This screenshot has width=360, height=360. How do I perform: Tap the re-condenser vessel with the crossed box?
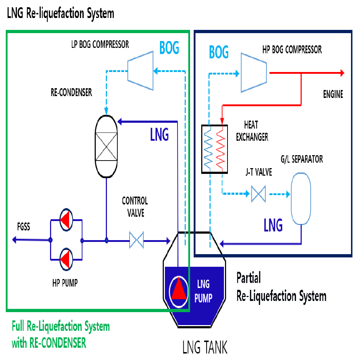(106, 147)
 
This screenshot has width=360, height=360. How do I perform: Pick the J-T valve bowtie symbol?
(258, 194)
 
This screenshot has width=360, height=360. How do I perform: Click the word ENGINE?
(333, 95)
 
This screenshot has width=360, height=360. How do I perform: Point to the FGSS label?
(24, 227)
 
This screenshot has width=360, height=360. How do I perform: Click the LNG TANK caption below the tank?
(205, 348)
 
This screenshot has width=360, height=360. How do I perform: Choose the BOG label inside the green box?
(169, 48)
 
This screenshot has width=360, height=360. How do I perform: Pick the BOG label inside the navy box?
(219, 52)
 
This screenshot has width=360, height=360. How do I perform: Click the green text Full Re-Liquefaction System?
(60, 327)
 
